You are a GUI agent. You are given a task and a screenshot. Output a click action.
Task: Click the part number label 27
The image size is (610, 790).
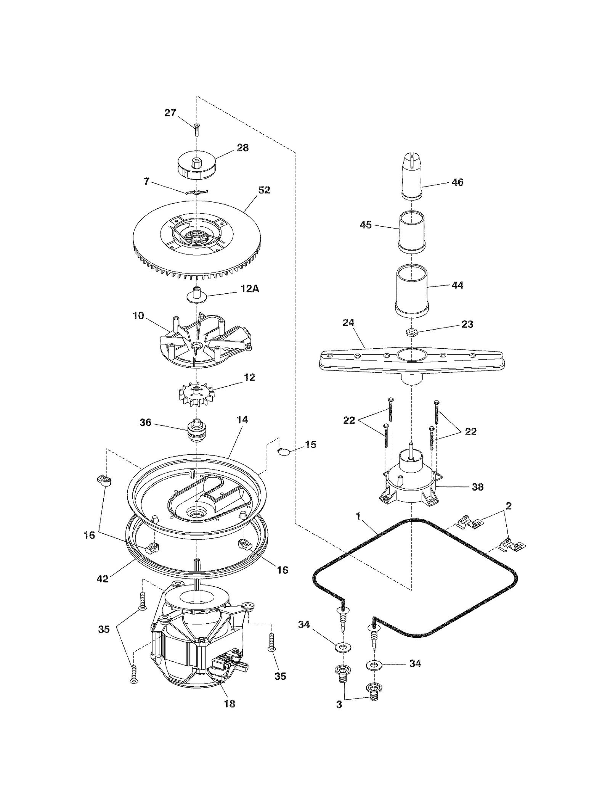click(x=170, y=113)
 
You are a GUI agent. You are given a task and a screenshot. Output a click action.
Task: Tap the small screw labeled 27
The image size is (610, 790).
click(x=196, y=130)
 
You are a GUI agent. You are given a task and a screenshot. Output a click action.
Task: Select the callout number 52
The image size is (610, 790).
click(x=264, y=190)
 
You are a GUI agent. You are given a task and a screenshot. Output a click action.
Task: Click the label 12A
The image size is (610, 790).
click(x=250, y=289)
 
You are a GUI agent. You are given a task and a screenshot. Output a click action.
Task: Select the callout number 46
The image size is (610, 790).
click(x=457, y=182)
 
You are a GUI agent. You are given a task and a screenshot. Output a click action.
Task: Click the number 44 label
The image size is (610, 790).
click(x=457, y=285)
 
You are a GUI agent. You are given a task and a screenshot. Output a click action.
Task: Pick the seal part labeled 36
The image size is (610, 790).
click(x=197, y=430)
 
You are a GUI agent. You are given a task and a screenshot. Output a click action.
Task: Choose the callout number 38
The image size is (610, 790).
click(x=477, y=487)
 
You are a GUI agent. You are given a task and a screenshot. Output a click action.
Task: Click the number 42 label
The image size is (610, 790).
click(x=102, y=579)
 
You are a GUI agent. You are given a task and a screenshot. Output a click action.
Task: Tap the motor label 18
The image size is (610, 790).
click(x=230, y=704)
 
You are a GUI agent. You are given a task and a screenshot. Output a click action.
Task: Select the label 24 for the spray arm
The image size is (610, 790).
click(x=348, y=323)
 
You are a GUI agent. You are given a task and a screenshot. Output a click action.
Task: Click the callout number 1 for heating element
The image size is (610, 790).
click(x=358, y=516)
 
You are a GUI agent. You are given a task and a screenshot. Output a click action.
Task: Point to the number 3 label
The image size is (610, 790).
click(x=339, y=705)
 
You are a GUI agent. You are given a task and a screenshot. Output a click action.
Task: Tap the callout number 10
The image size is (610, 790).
click(x=138, y=315)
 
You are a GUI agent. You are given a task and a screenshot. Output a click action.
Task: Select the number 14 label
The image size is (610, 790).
click(x=242, y=420)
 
